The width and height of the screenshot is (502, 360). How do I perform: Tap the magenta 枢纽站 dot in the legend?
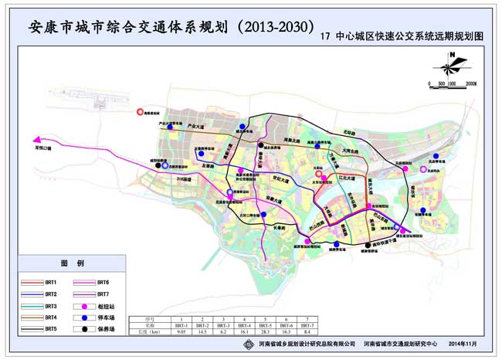tap(83, 306)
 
